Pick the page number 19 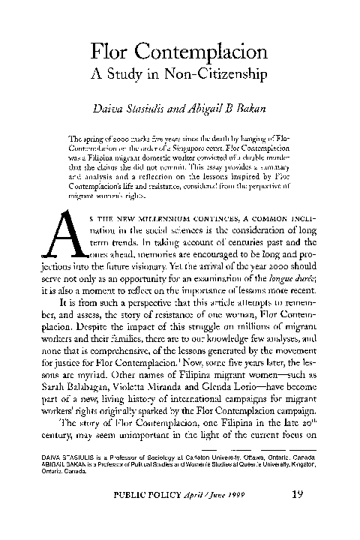[x=296, y=514]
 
